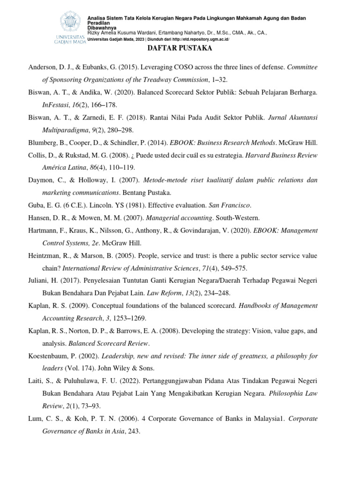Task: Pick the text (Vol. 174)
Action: point(81,368)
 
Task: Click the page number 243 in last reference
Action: point(133,431)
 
